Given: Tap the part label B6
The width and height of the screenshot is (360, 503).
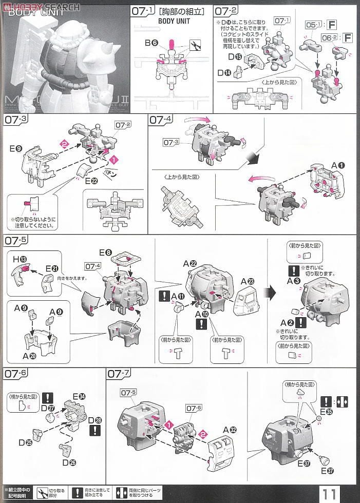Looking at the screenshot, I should click(x=151, y=43).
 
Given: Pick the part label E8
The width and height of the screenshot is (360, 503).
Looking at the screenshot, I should click(x=106, y=252).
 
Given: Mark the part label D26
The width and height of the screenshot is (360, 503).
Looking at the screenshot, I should click(x=70, y=462).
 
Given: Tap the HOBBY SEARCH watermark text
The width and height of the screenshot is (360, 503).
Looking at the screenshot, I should click(x=44, y=6).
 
